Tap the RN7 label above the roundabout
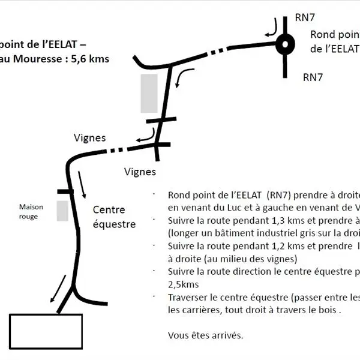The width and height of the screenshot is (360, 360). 305,17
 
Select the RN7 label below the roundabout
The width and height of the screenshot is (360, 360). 313,77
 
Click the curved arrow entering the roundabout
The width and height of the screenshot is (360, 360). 272,27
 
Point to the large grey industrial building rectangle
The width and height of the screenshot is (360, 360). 149,93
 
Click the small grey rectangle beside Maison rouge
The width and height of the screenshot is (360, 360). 62,211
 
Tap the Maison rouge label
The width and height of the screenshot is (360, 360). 28,211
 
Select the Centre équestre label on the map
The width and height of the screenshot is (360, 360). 114,217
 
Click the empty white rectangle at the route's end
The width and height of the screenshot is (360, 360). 46,331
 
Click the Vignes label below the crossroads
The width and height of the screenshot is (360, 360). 140,172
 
